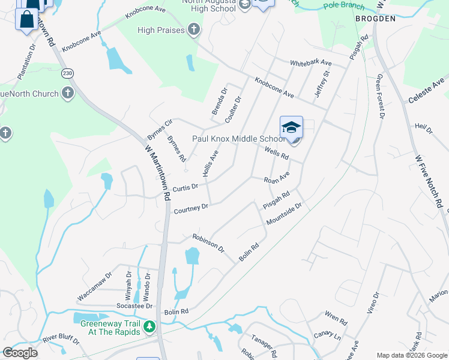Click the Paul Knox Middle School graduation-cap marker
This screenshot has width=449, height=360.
pos(291,128)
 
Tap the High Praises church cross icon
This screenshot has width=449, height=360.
pos(193,29)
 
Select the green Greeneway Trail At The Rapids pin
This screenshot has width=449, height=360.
pos(148,328)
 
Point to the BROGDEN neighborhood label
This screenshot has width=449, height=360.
pos(375,19)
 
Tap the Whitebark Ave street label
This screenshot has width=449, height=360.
pos(310,62)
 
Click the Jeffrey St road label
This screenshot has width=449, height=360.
pos(322,85)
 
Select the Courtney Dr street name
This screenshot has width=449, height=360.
pos(191,208)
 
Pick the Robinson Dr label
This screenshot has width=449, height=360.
pos(208,243)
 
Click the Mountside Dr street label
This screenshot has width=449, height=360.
pos(285,214)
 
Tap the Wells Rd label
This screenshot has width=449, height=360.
pos(277,154)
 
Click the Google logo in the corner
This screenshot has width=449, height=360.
pos(20,353)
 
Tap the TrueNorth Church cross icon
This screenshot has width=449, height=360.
pos(68,94)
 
